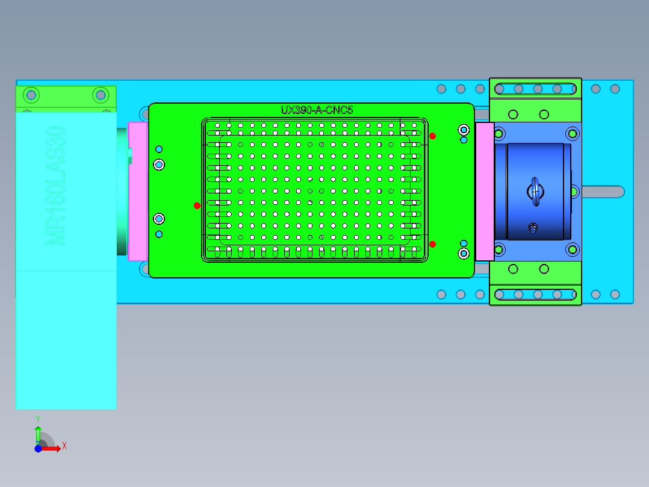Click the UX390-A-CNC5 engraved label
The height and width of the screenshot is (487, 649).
click(x=317, y=110)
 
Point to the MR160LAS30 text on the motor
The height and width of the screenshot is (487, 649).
click(x=56, y=185)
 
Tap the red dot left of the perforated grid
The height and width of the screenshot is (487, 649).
click(x=197, y=206)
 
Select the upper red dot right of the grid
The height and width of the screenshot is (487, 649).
click(x=432, y=136)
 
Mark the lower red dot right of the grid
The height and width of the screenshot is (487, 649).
click(x=432, y=244)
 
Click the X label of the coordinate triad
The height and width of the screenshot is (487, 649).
click(x=64, y=445)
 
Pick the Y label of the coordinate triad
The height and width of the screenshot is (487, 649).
click(x=38, y=418)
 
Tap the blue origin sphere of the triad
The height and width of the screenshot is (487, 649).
click(x=38, y=448)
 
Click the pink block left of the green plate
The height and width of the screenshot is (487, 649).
click(x=138, y=191)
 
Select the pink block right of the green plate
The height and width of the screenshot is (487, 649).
click(x=484, y=191)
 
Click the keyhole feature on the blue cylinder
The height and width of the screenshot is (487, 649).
click(x=535, y=191)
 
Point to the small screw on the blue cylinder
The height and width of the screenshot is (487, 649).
click(x=532, y=228)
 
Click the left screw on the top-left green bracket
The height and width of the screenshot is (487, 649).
click(x=31, y=95)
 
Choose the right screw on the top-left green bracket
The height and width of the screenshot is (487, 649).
click(x=100, y=95)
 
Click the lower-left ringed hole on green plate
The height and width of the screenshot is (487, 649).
click(x=159, y=218)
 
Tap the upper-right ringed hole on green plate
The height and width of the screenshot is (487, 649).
click(x=464, y=130)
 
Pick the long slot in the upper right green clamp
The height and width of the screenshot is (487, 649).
click(x=535, y=89)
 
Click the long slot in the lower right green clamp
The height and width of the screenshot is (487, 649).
click(x=535, y=294)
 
